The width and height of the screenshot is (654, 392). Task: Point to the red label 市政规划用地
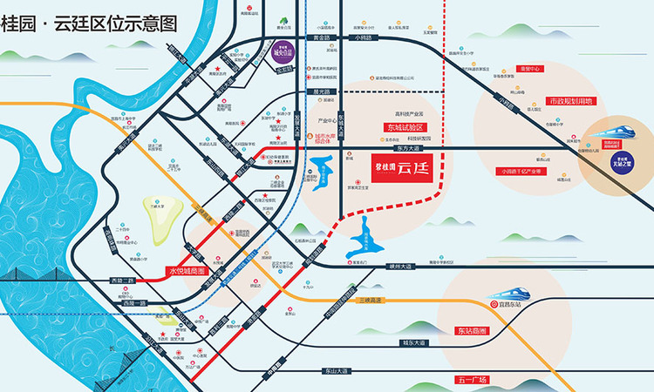click(570, 102)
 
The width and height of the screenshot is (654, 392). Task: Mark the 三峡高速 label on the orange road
click(371, 299)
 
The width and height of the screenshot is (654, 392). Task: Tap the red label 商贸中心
click(530, 68)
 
